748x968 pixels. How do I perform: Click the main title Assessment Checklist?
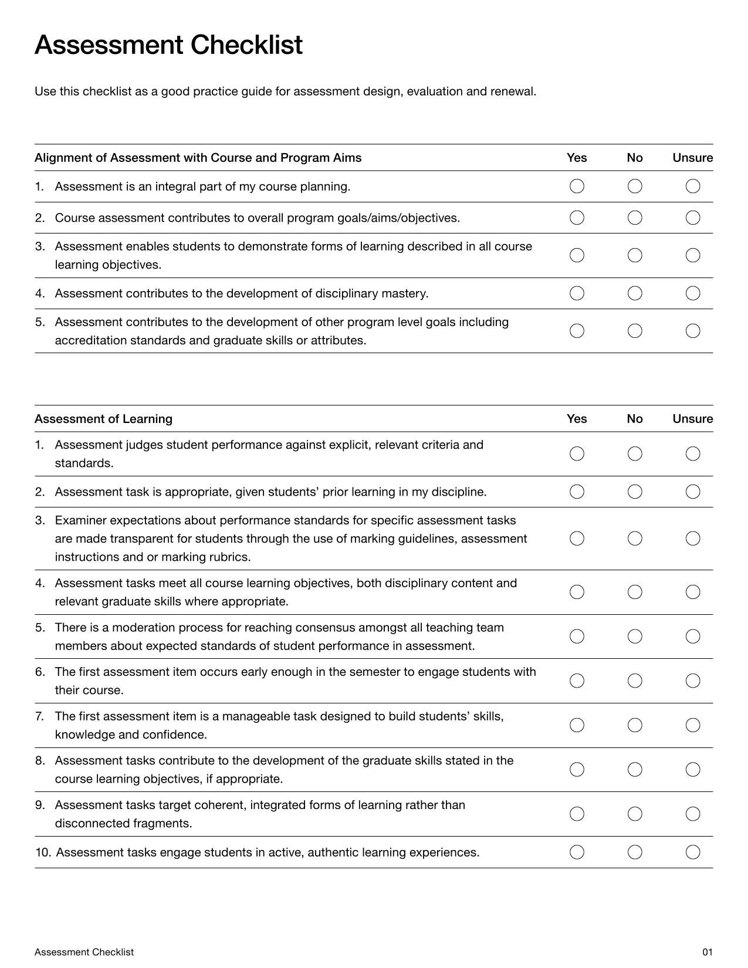click(168, 45)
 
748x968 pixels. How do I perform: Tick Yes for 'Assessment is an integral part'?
click(577, 187)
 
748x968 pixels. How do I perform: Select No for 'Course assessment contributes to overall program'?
click(635, 218)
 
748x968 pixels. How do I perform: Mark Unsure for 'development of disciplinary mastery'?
click(693, 293)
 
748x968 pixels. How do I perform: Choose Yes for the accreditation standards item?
click(577, 331)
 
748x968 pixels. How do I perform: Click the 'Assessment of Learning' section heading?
click(103, 419)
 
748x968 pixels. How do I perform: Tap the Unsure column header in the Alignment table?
click(692, 158)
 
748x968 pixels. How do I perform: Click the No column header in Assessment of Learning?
click(635, 419)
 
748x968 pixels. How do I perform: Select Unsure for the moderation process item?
click(693, 637)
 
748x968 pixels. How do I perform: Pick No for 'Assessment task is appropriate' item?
click(635, 492)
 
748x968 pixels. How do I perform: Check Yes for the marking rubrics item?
click(577, 539)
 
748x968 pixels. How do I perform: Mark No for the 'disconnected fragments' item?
click(635, 814)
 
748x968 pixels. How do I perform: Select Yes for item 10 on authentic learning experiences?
click(577, 852)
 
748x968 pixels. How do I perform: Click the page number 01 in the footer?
click(707, 952)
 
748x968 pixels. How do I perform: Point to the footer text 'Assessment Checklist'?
click(84, 952)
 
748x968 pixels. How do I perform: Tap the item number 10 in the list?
click(42, 852)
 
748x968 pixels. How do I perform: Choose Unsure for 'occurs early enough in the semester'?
click(693, 681)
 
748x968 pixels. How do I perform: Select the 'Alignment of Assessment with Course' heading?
click(198, 158)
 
